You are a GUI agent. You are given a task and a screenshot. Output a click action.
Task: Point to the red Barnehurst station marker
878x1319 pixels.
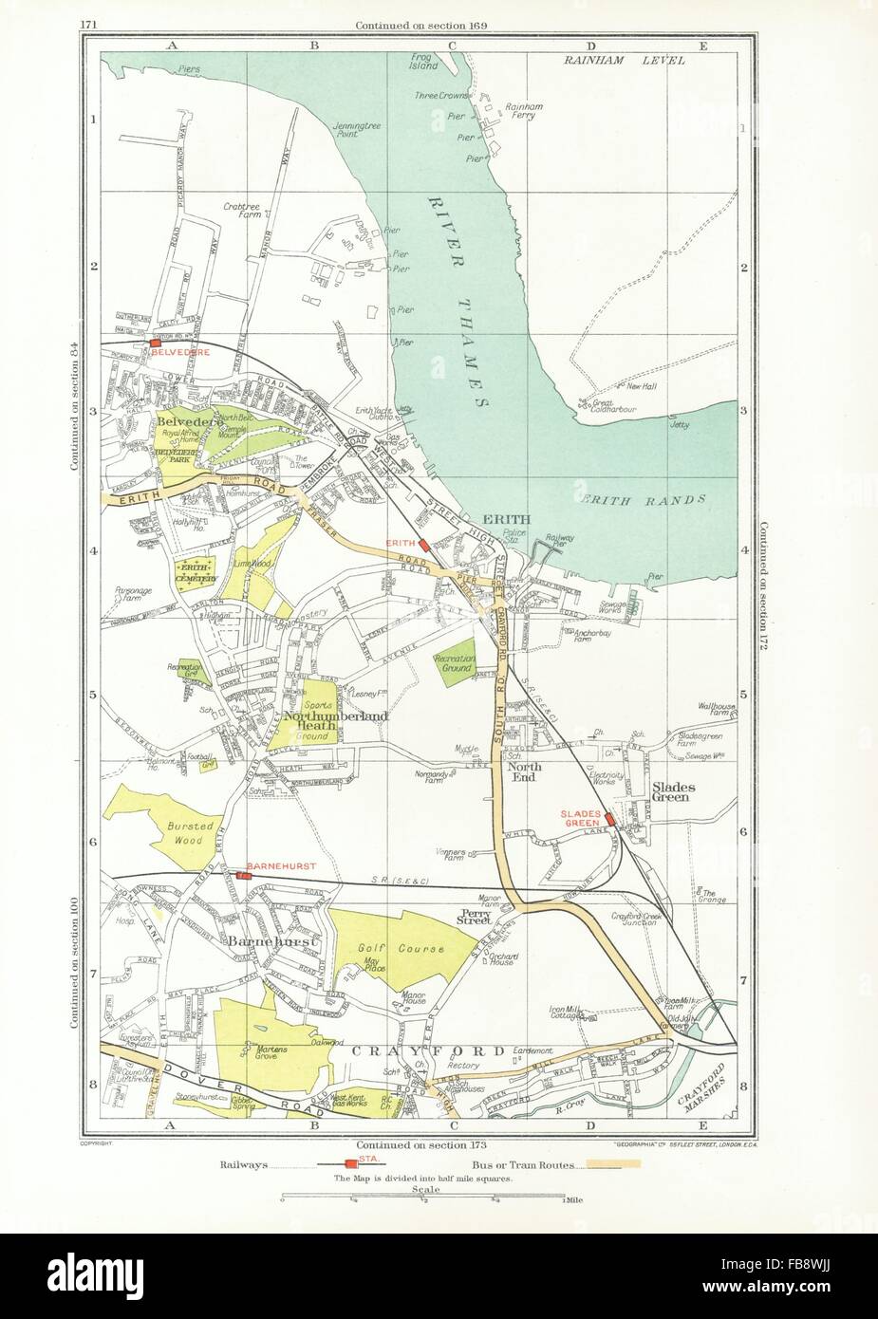pos(242,876)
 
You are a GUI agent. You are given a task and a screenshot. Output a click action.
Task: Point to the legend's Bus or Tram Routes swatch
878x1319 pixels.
pos(602,1164)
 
